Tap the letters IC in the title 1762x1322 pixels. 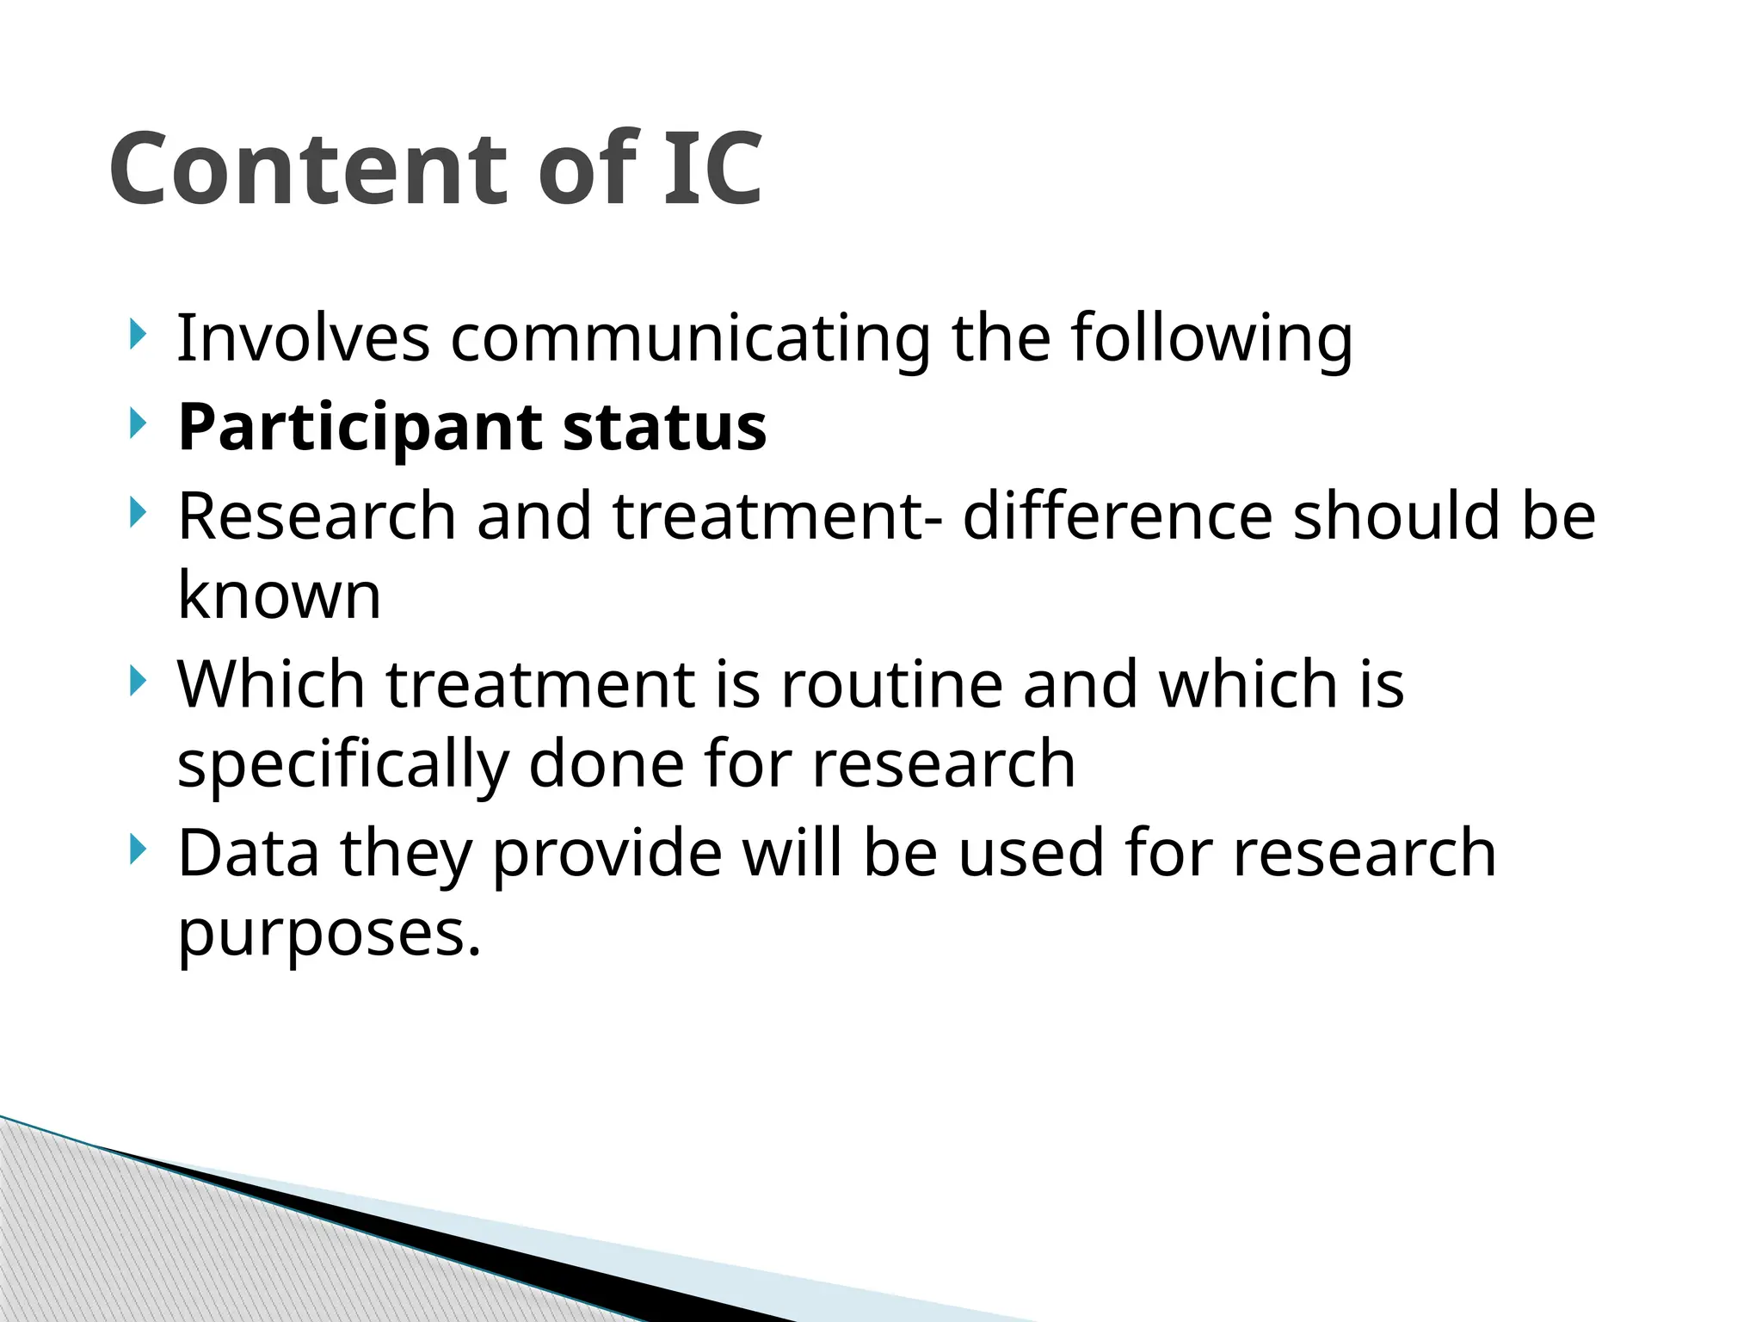click(712, 169)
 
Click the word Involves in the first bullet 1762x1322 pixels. click(303, 337)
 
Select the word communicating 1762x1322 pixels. click(690, 339)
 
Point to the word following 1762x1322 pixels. click(1211, 339)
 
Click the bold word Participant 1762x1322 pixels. click(360, 429)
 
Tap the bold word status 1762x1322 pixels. click(664, 428)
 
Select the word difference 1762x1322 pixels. click(1117, 516)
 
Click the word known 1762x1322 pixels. click(279, 596)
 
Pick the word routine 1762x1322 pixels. click(892, 685)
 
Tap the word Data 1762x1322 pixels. click(248, 853)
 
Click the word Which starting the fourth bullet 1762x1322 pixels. click(271, 685)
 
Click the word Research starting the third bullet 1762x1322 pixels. click(317, 516)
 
